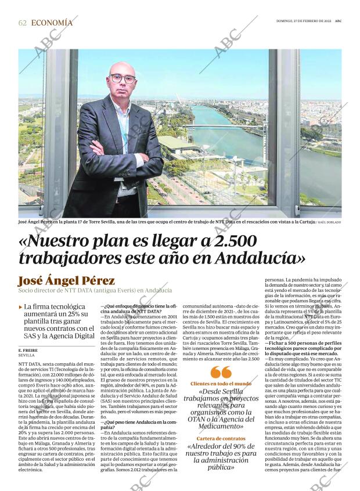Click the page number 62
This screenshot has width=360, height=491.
[x=23, y=23]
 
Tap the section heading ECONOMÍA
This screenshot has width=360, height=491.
[x=52, y=23]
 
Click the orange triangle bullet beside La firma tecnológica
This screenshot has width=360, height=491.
[x=21, y=306]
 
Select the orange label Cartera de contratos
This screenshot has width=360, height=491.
[x=221, y=438]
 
